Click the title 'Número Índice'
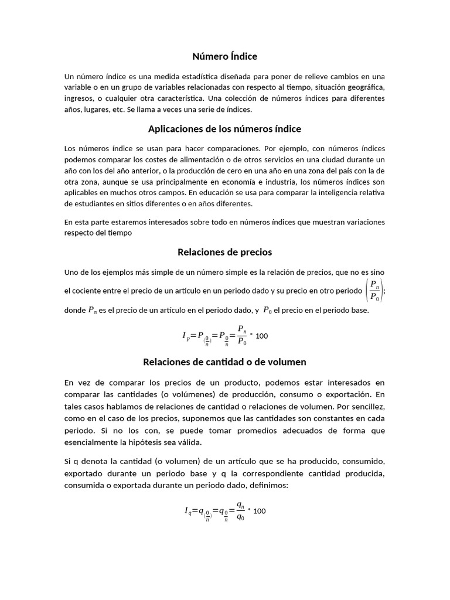coord(224,56)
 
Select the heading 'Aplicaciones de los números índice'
coord(224,128)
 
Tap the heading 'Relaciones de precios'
coord(224,252)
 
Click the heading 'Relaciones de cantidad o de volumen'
coord(224,362)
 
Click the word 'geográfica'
coord(365,87)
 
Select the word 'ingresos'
coord(80,98)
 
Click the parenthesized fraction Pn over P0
coord(374,291)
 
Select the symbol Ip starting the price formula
coord(186,336)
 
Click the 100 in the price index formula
coord(262,336)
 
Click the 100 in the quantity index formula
coord(260,511)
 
